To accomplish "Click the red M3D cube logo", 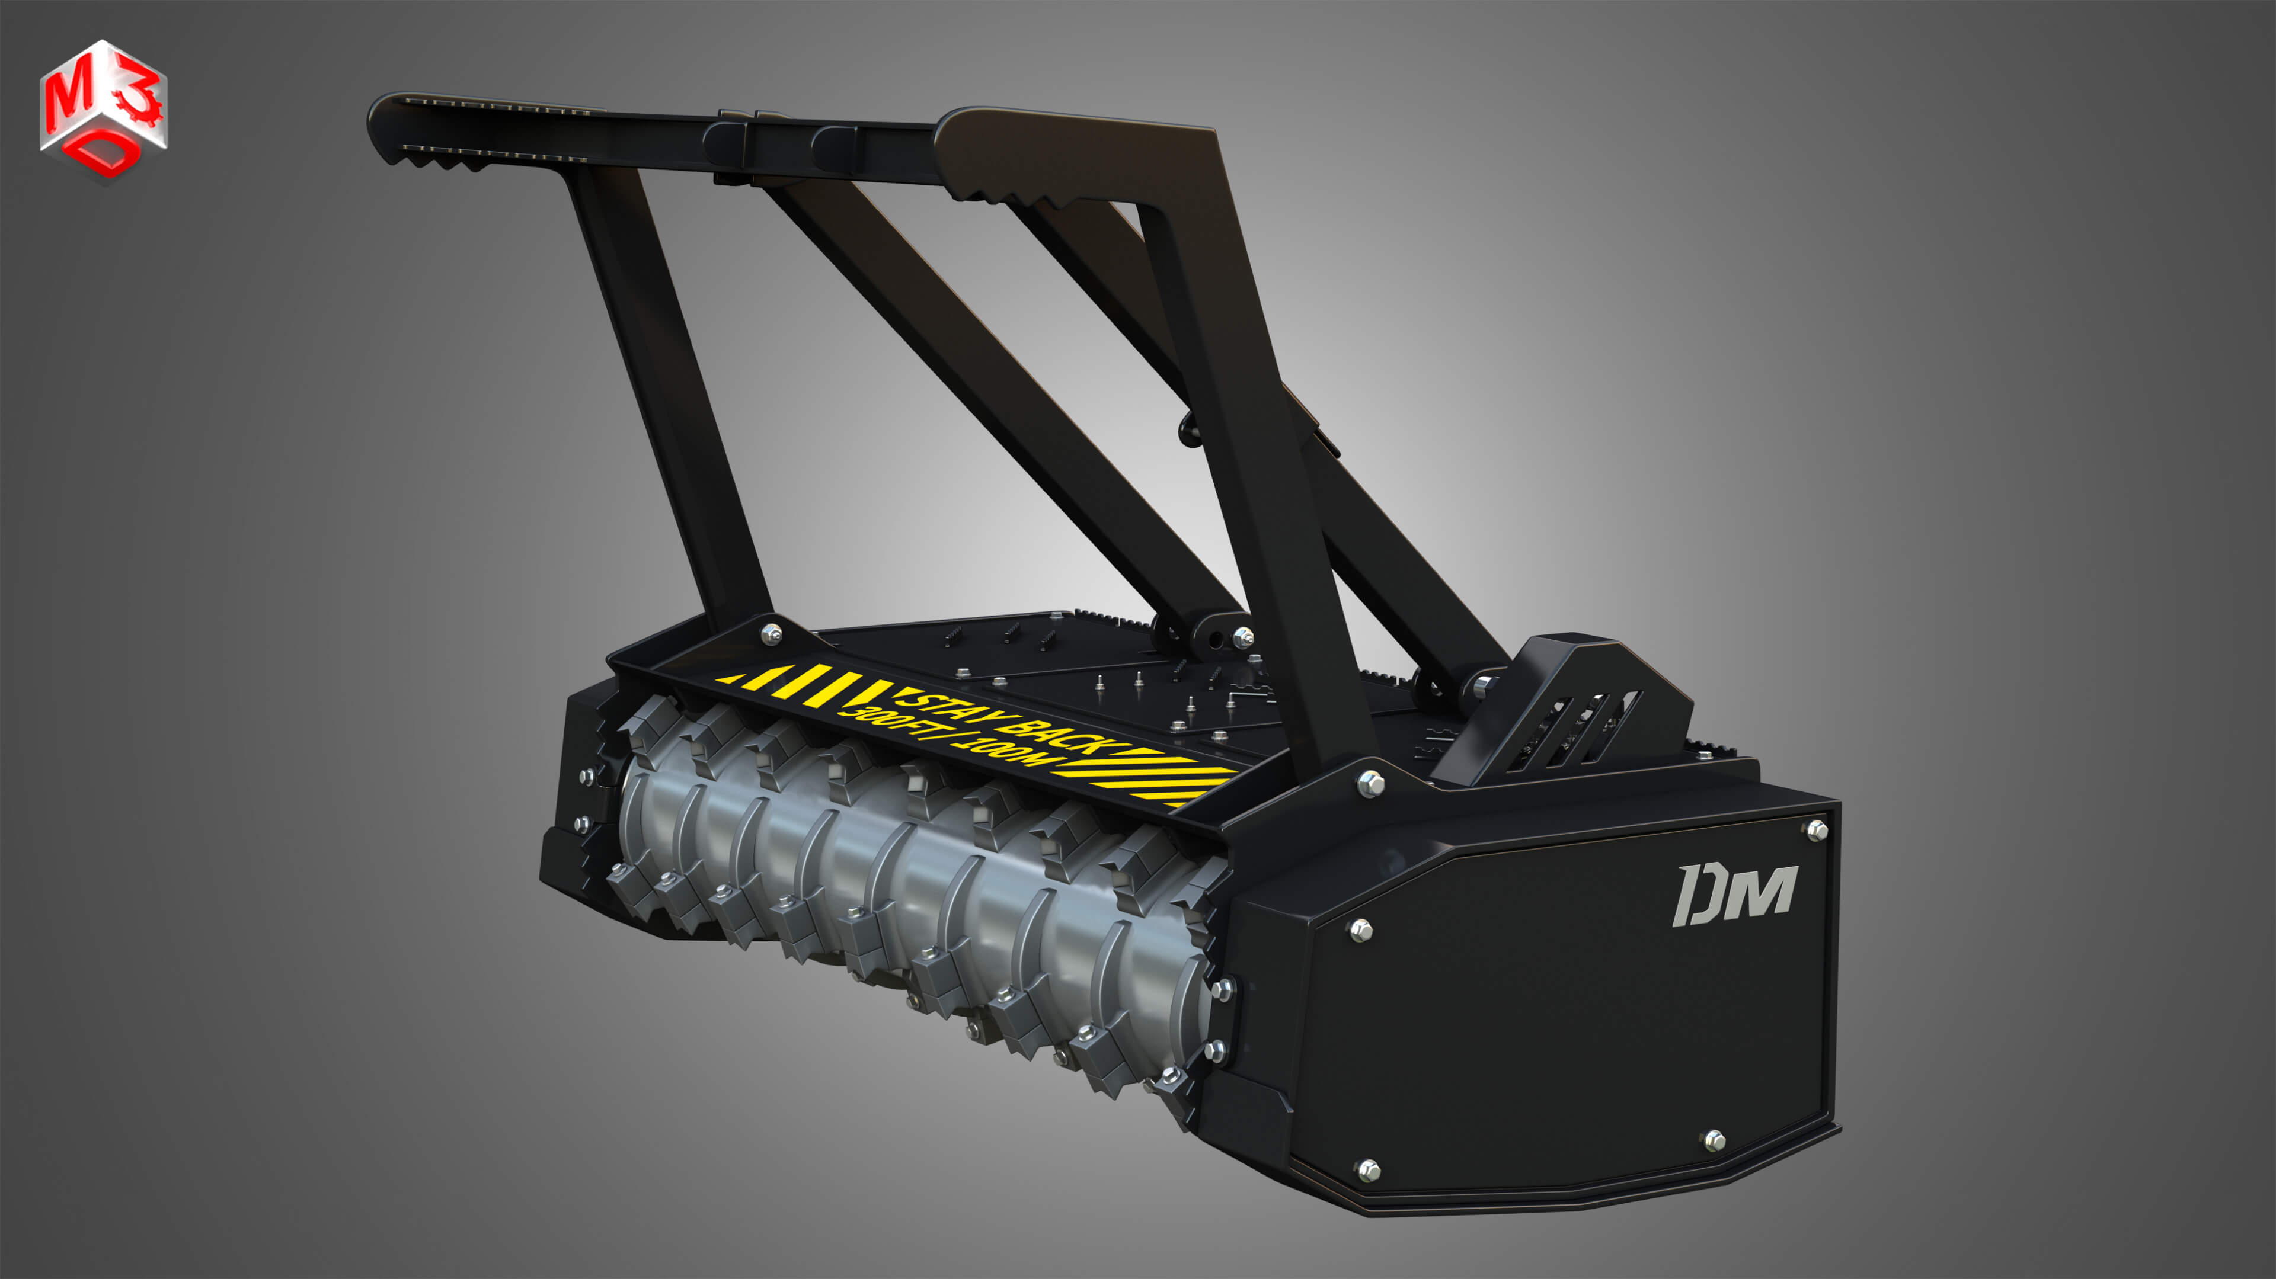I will [103, 110].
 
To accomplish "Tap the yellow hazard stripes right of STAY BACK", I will [1149, 773].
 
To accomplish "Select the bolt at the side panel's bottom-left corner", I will [1368, 1169].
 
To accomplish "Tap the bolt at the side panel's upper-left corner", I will [1361, 929].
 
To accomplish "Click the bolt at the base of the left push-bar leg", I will [771, 633].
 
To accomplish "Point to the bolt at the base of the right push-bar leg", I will [1370, 782].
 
